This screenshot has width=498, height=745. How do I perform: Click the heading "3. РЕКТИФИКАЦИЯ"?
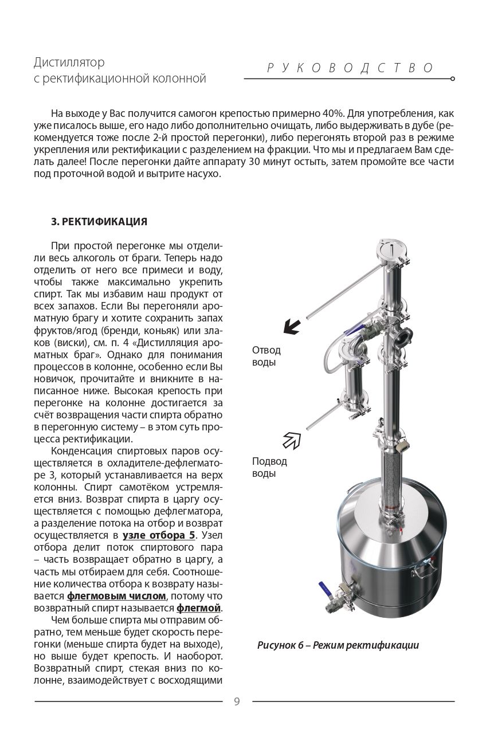tap(99, 221)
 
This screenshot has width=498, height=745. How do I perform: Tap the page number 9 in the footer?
tap(237, 701)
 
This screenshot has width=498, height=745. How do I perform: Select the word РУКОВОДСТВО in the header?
tap(350, 68)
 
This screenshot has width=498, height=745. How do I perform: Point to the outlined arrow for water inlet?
tap(292, 440)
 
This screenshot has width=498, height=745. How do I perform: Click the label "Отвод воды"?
tap(266, 356)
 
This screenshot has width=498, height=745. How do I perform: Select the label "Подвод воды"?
tap(269, 467)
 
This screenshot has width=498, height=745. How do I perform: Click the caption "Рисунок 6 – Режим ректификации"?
tap(338, 645)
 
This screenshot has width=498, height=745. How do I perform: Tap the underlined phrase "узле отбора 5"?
tap(159, 535)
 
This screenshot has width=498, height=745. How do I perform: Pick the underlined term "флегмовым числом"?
tap(116, 596)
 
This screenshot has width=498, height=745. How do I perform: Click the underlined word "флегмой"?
tap(199, 608)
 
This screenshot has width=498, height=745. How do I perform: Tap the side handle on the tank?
tap(426, 570)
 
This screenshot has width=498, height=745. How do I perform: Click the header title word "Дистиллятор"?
tap(69, 62)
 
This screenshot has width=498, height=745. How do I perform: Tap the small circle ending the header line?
tap(453, 79)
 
